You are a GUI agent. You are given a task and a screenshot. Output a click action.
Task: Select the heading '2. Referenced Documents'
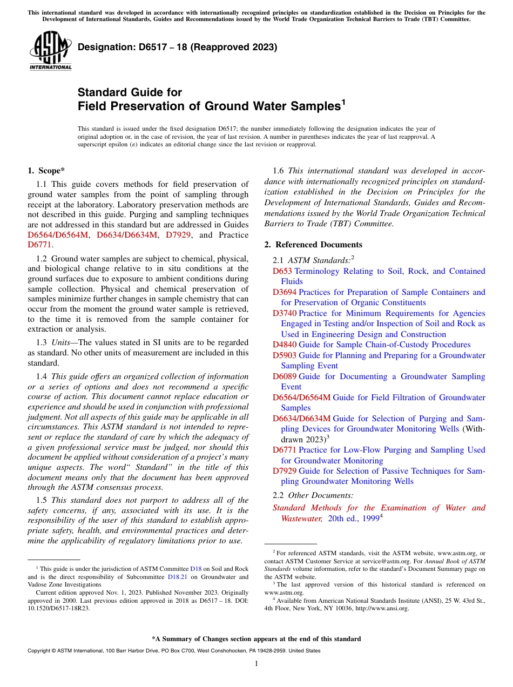(313, 245)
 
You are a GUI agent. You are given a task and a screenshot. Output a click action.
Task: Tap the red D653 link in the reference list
(282, 271)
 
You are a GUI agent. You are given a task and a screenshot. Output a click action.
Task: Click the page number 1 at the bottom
(256, 664)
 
